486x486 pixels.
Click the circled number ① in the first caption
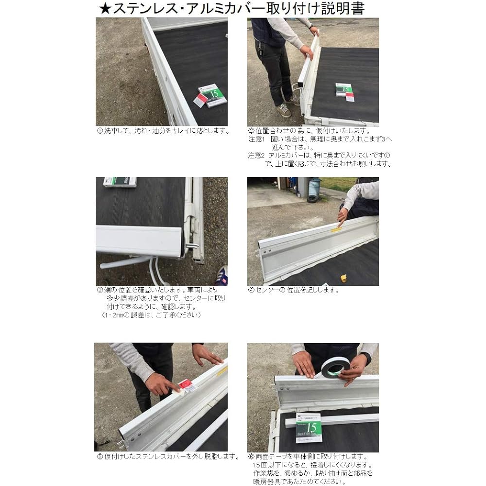click(99, 131)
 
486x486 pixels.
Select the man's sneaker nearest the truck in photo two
click(293, 100)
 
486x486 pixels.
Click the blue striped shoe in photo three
click(222, 275)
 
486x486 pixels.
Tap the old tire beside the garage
click(312, 197)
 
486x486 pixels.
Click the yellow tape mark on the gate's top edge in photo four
click(337, 228)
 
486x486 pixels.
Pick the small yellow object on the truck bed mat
click(345, 278)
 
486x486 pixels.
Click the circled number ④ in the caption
click(251, 290)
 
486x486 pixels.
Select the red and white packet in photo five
click(186, 387)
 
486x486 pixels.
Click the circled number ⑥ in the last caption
click(251, 457)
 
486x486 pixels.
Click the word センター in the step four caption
click(267, 290)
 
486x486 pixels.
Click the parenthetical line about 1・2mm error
click(151, 315)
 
